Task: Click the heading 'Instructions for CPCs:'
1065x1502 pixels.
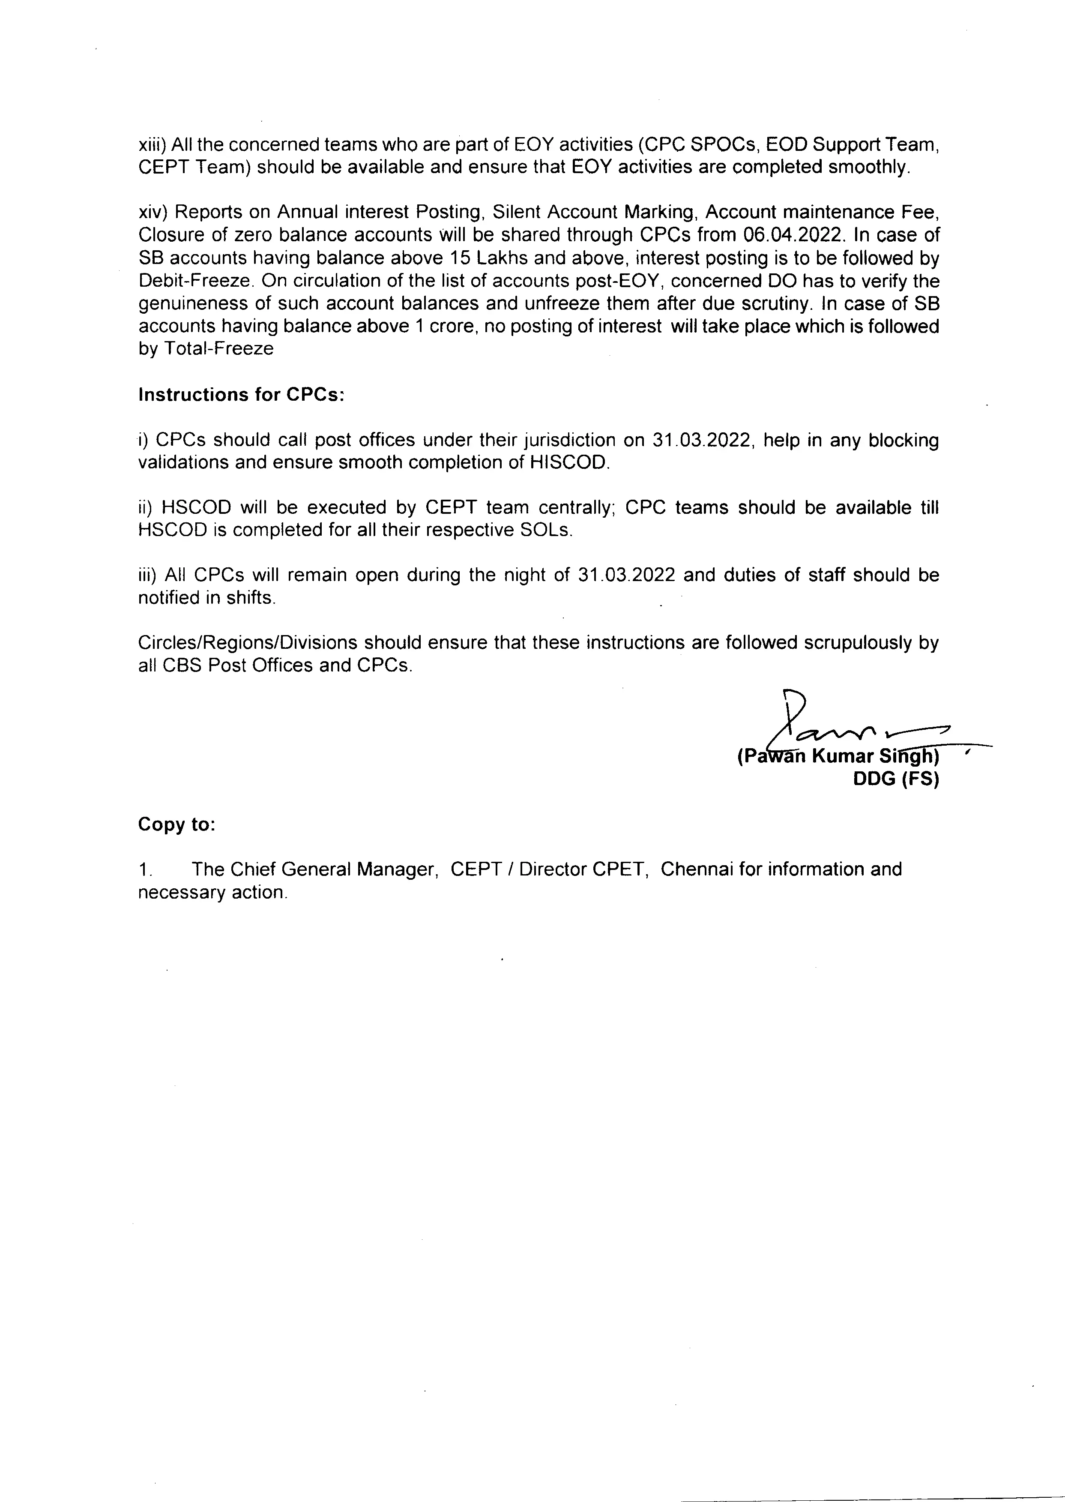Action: (241, 395)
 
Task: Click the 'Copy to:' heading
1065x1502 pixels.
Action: (177, 824)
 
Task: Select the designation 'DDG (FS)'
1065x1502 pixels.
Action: (896, 779)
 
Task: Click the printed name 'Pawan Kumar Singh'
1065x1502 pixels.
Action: (838, 757)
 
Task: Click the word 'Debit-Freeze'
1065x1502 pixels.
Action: (195, 281)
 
